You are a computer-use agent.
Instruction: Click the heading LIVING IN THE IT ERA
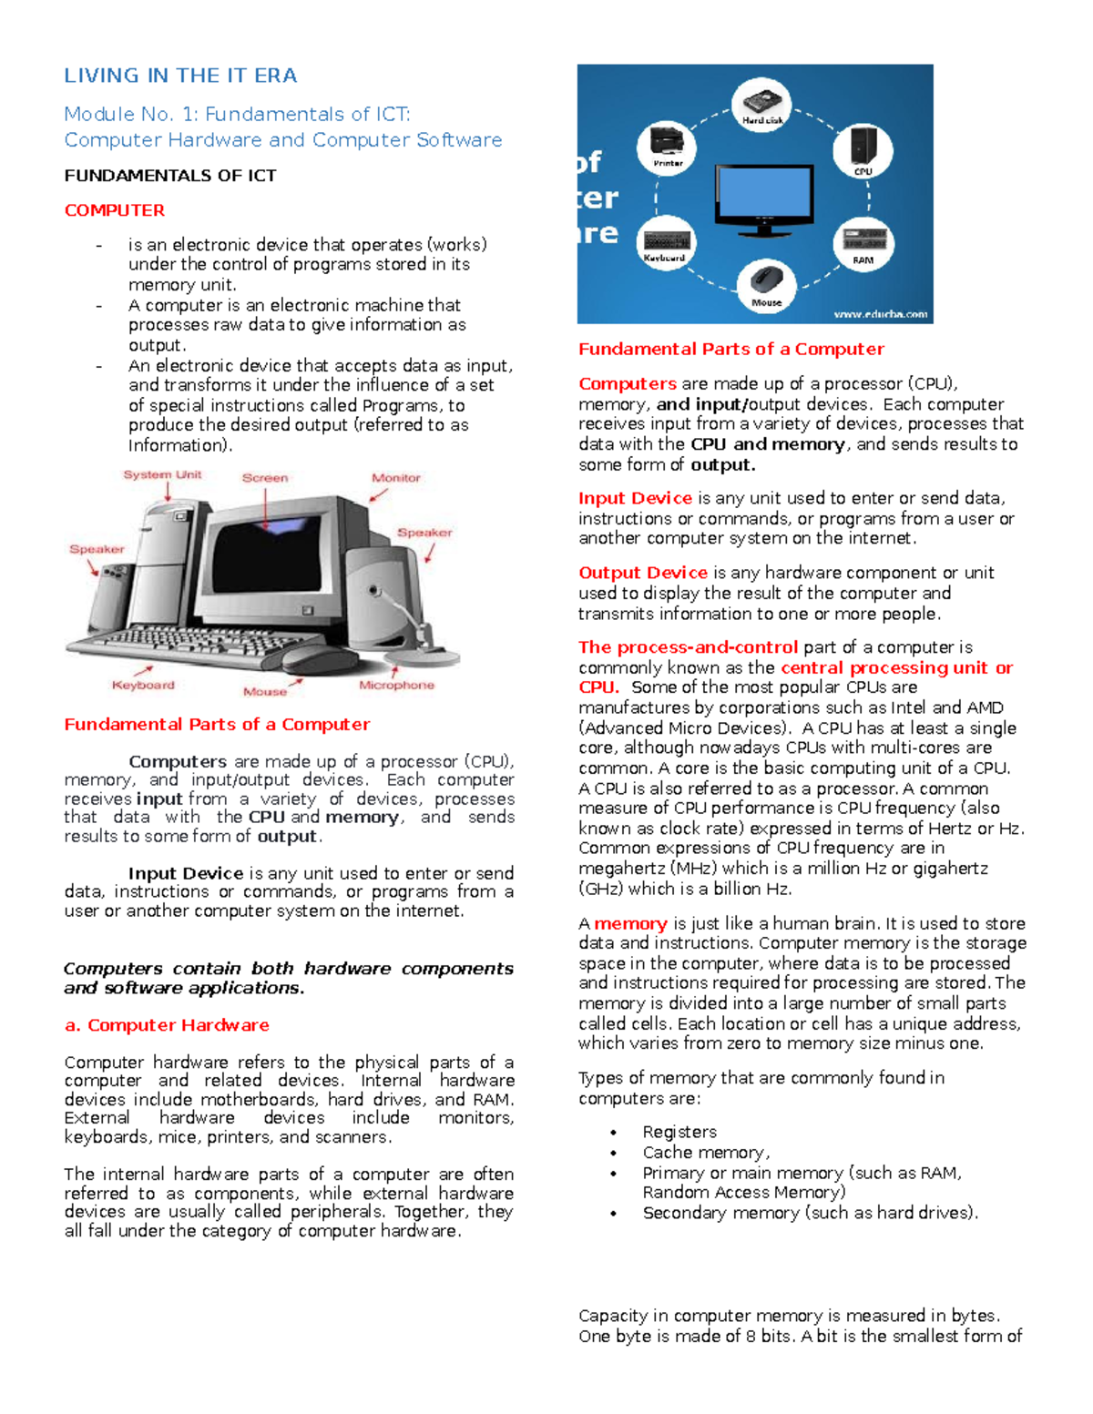click(x=180, y=76)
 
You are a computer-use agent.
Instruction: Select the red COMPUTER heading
click(x=115, y=210)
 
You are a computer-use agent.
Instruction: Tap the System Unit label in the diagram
click(x=163, y=474)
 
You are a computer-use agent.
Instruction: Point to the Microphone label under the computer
click(x=396, y=685)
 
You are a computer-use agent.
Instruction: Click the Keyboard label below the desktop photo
click(x=143, y=685)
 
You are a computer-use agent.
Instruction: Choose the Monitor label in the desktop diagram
click(x=396, y=477)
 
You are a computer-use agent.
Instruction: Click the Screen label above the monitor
click(x=265, y=477)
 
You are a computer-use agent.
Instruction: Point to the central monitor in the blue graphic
click(x=763, y=195)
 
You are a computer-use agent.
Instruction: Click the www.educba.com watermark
click(x=881, y=314)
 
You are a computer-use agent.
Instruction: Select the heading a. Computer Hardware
click(x=167, y=1025)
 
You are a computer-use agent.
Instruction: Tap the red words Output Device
click(x=643, y=573)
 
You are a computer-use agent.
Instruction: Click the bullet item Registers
click(x=679, y=1132)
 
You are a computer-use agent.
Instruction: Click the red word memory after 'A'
click(x=630, y=923)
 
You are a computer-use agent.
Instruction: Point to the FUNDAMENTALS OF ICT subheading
click(x=170, y=176)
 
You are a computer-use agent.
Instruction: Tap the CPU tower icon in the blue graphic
click(x=863, y=148)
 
